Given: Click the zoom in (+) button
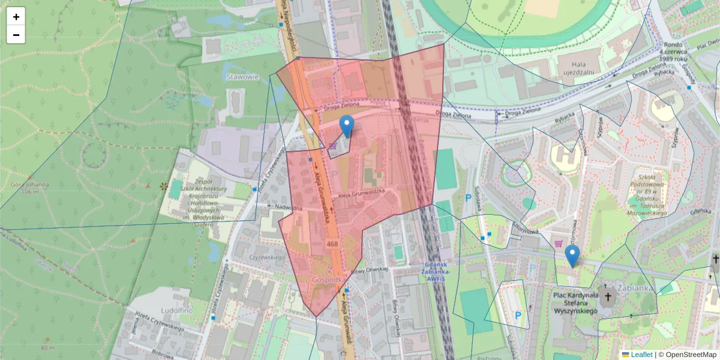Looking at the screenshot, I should pos(16,17).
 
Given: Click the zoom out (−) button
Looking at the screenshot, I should pos(16,35).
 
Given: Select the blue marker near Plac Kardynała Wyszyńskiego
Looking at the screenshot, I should pos(572,256).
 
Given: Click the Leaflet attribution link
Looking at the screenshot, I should pos(641,355).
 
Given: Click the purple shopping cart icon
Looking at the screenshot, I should pos(560,243).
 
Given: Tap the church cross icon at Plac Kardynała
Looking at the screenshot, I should pos(608,296).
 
